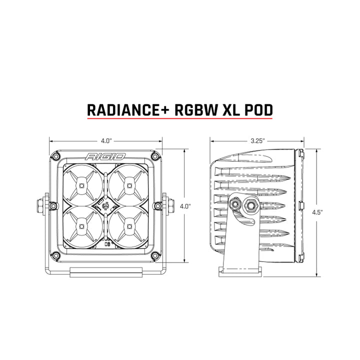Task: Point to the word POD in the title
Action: click(x=260, y=109)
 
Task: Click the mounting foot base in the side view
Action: click(x=240, y=270)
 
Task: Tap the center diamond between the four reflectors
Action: click(x=105, y=205)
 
